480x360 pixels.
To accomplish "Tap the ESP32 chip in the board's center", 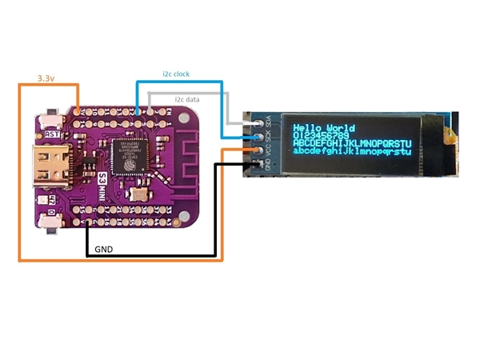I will [x=128, y=154].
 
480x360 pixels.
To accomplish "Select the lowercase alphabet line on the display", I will [x=352, y=150].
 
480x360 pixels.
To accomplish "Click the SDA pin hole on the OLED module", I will [x=258, y=122].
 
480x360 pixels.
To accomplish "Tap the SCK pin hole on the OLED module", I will [x=258, y=137].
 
